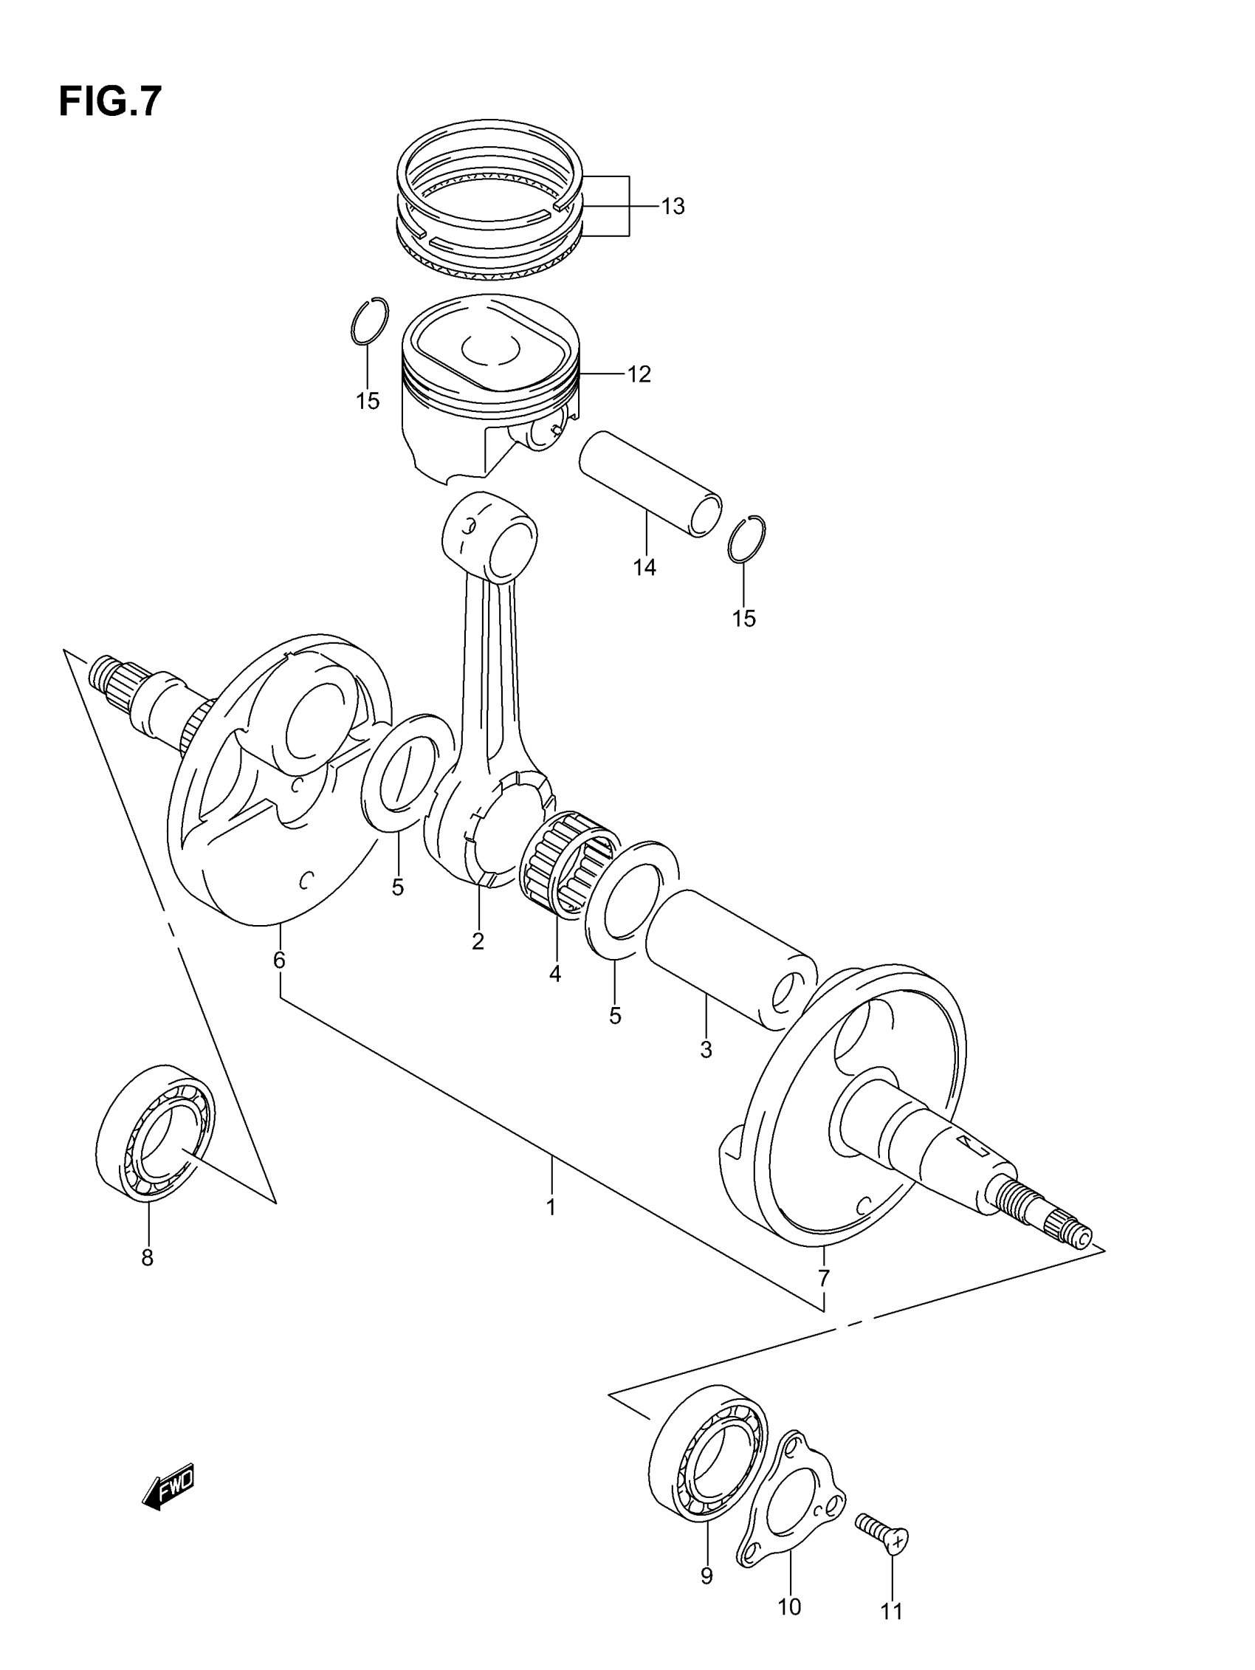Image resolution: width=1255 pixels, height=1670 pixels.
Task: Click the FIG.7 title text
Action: point(110,102)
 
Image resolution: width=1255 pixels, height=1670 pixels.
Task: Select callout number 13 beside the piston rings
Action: point(672,206)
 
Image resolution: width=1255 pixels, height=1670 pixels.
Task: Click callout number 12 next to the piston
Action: point(639,374)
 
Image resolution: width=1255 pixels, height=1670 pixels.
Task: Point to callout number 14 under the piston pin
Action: point(644,568)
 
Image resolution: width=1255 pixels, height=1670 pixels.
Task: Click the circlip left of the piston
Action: point(370,321)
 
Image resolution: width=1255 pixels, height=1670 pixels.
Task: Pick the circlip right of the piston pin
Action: point(747,537)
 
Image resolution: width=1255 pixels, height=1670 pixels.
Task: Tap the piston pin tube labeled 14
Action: point(650,483)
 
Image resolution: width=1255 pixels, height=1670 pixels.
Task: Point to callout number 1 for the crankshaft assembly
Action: point(551,1207)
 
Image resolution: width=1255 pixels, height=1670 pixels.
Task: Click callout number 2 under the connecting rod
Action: point(477,941)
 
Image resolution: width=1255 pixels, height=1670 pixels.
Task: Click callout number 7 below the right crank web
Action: point(823,1278)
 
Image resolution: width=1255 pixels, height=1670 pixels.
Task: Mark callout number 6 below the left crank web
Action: point(279,961)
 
